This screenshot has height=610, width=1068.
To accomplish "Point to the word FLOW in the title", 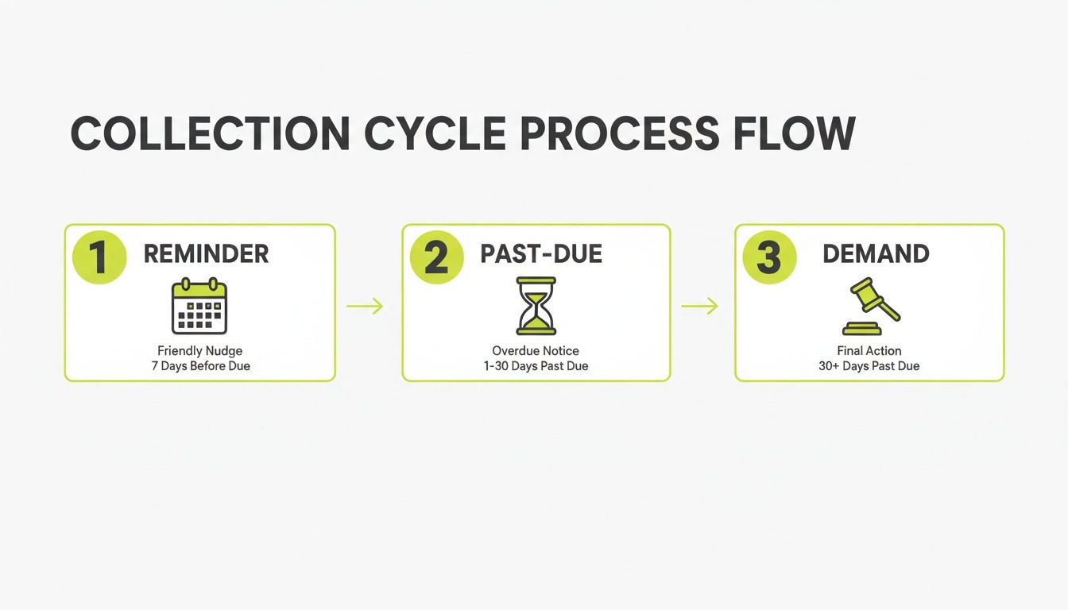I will (794, 133).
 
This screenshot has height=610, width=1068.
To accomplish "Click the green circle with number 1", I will (99, 257).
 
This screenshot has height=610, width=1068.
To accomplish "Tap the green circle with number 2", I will (436, 257).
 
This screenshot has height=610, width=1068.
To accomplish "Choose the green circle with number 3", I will (769, 257).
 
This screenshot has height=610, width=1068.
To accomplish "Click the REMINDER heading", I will (206, 254).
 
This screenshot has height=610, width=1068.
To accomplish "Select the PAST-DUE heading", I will (541, 254).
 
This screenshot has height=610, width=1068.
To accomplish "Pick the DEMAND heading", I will (876, 254).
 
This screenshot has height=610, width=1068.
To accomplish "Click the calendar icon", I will (199, 306).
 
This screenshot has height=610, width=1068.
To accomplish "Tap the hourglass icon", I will (536, 306).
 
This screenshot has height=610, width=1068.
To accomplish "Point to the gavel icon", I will (870, 307).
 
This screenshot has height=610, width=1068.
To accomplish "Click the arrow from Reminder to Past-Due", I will (365, 307).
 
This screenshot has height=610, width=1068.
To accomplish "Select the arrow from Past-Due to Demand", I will (699, 307).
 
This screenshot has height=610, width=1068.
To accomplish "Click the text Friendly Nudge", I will (199, 351).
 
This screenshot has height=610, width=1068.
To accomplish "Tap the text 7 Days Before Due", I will (199, 366).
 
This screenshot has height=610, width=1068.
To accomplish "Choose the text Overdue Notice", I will (536, 351).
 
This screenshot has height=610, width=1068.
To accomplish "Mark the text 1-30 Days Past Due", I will (536, 366).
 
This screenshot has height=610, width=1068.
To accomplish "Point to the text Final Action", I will (869, 351).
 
